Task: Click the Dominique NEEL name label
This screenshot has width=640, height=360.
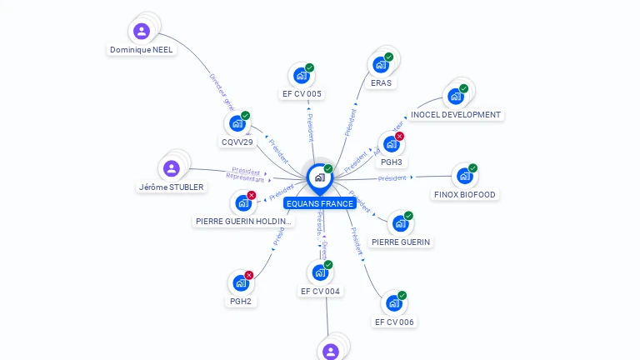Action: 142,50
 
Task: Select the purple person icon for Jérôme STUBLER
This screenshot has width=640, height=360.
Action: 172,169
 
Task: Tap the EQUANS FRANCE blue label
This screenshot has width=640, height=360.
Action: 320,203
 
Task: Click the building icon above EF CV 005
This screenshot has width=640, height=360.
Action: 301,76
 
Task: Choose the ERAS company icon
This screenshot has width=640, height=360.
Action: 381,65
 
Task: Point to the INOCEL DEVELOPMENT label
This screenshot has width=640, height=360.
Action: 456,115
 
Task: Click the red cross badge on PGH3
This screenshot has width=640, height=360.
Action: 399,137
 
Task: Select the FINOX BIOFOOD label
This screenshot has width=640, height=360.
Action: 465,195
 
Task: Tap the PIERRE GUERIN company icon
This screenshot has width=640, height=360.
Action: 400,223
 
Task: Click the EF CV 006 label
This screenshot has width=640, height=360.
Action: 394,322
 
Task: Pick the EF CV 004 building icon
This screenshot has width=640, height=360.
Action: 319,272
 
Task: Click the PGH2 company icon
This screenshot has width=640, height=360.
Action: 241,282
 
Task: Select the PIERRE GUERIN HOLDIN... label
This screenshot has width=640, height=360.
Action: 243,222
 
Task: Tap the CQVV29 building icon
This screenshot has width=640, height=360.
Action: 237,123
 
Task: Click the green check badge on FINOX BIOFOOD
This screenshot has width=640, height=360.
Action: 472,168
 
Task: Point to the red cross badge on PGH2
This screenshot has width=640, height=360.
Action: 248,275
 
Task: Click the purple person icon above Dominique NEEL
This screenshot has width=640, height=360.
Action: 142,32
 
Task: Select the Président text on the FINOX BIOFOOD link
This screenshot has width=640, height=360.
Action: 392,178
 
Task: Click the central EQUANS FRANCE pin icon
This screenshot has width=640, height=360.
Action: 319,177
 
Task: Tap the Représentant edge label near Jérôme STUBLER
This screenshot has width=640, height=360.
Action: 245,178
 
